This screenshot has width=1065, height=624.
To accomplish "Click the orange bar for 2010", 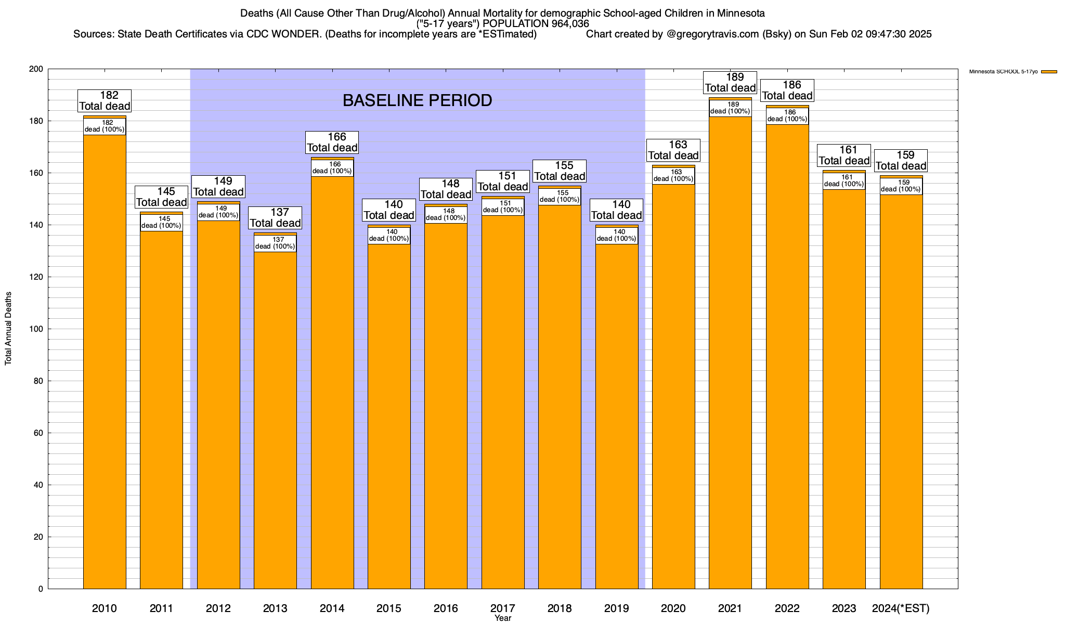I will coord(105,364).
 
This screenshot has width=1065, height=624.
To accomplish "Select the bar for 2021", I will coord(730,364).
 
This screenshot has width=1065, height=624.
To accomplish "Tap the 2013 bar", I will coord(275,416).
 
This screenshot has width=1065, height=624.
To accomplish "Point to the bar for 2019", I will coord(617,416).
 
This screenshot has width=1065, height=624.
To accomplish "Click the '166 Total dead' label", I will coord(332,142).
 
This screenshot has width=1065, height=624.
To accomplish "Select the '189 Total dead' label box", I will coord(730,83).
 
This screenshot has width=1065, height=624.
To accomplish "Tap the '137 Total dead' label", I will coord(275,218).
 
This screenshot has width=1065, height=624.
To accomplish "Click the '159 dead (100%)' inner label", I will coord(901,186).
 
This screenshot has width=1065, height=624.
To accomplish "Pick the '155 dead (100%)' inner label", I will coord(560,197).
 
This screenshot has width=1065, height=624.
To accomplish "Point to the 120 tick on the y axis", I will coord(37,277).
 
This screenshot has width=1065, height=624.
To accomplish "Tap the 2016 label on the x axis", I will coord(446,608).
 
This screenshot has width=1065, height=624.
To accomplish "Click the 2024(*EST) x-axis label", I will coord(901,608).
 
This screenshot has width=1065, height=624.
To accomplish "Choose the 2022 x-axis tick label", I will coord(787,608).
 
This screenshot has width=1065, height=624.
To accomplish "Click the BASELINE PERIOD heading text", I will coord(417,100).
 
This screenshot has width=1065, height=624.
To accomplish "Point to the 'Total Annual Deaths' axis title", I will coord(8,329).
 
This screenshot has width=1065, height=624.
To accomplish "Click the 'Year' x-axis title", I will coord(503,618).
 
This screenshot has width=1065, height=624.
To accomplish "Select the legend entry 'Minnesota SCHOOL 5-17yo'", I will coord(1003,72).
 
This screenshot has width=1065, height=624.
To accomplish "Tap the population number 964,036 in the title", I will coord(565,24).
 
